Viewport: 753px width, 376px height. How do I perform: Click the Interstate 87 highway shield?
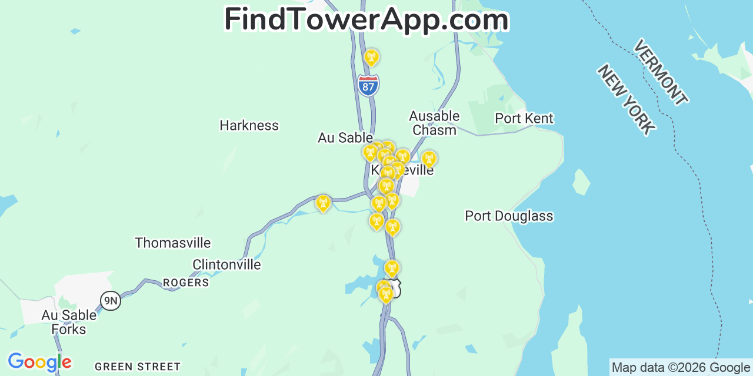click(368, 86)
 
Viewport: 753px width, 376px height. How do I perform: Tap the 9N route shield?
click(110, 301)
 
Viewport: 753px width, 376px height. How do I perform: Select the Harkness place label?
click(249, 125)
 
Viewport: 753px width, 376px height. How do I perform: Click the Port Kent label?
click(524, 118)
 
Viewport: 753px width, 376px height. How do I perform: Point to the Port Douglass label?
click(509, 216)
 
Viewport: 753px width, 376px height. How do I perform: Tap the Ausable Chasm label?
click(434, 123)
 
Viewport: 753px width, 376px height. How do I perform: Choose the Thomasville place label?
click(172, 243)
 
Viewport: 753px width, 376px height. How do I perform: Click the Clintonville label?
click(226, 264)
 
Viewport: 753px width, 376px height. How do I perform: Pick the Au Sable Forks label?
click(68, 322)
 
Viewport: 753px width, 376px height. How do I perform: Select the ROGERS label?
click(186, 283)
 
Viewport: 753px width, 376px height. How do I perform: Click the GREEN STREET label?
click(138, 367)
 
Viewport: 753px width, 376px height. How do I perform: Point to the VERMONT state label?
click(660, 72)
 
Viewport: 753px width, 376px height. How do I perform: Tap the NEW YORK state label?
click(626, 99)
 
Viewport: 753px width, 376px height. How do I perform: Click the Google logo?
click(39, 362)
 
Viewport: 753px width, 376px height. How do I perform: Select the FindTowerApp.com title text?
click(366, 19)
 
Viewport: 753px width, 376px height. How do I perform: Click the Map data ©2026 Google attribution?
click(681, 368)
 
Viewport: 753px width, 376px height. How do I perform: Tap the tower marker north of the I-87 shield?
click(371, 58)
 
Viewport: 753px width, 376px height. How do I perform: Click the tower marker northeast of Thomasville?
click(322, 203)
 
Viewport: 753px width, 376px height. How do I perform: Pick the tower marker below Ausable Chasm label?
click(429, 159)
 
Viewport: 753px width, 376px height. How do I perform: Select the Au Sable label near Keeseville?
click(345, 137)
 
